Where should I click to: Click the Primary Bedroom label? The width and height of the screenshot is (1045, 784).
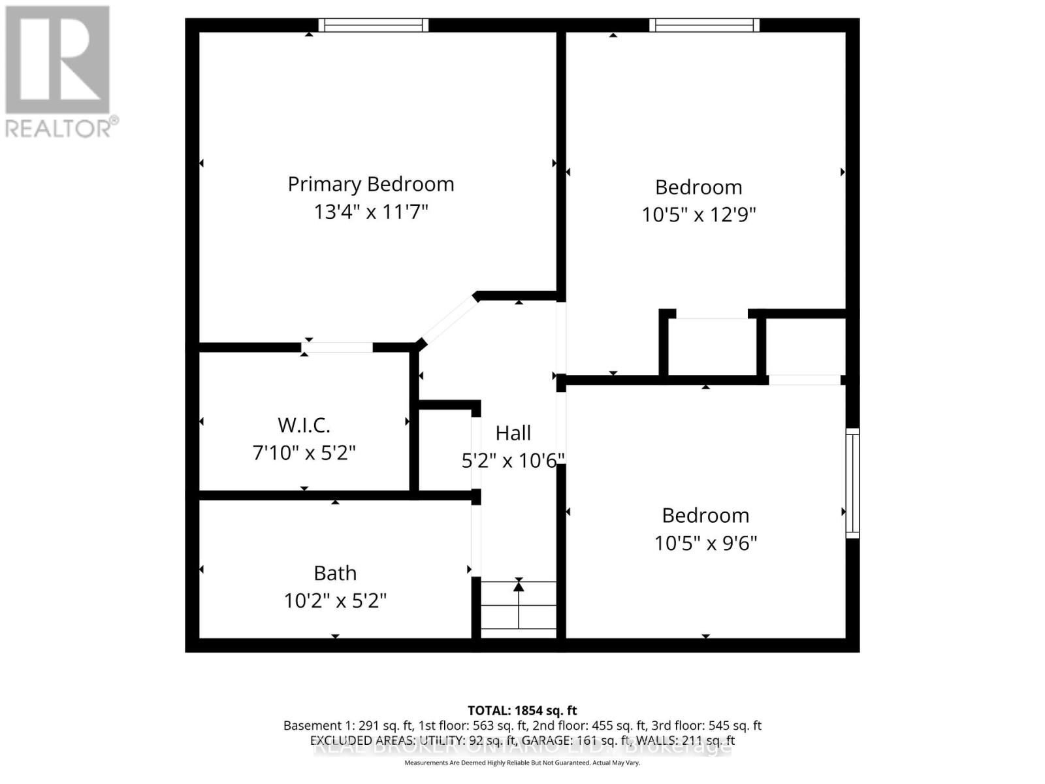(x=371, y=184)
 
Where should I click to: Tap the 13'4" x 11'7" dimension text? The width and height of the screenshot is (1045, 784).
(x=371, y=212)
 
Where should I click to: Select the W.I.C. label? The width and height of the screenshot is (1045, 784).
(x=304, y=425)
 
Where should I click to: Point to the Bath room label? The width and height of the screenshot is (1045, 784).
(x=335, y=573)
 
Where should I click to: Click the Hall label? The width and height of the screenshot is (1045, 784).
(x=513, y=433)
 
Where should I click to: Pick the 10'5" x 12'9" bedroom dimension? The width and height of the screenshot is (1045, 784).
(x=699, y=215)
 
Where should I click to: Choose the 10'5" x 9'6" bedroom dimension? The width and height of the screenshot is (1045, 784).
(x=705, y=543)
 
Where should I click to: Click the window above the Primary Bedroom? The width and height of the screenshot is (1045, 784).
(x=374, y=25)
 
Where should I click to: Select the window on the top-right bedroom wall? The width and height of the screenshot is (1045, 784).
(x=704, y=25)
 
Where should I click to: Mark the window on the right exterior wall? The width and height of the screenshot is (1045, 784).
(x=852, y=483)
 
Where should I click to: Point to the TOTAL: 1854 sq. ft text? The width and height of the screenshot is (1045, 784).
(x=522, y=710)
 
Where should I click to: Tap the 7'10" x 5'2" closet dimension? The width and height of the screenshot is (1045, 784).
(x=304, y=453)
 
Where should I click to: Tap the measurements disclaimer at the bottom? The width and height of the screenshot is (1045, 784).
(x=522, y=763)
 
